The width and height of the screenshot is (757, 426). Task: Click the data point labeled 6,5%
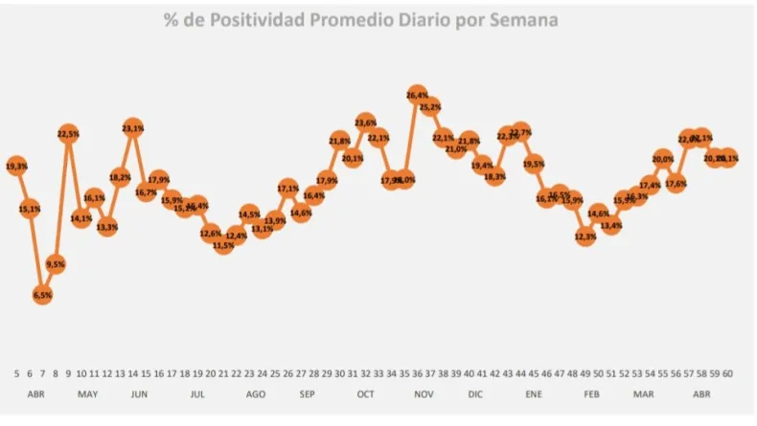click(42, 295)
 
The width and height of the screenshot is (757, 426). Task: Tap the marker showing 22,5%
click(68, 135)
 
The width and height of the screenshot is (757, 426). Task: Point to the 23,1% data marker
click(133, 128)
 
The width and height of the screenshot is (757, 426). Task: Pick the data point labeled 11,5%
click(223, 246)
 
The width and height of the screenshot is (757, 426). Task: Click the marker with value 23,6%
click(365, 123)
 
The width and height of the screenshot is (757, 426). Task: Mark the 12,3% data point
click(585, 235)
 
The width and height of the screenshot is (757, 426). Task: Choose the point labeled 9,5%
click(55, 264)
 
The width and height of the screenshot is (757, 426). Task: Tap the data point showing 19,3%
click(16, 167)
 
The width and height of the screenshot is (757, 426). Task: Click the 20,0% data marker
click(662, 159)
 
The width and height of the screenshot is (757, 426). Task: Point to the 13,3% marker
click(107, 227)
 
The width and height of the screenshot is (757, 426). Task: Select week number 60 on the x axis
click(728, 372)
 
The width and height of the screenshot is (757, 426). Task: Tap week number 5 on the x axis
click(16, 372)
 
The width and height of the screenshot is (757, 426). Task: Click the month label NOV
click(423, 393)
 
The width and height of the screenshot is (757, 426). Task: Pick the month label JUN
click(138, 393)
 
